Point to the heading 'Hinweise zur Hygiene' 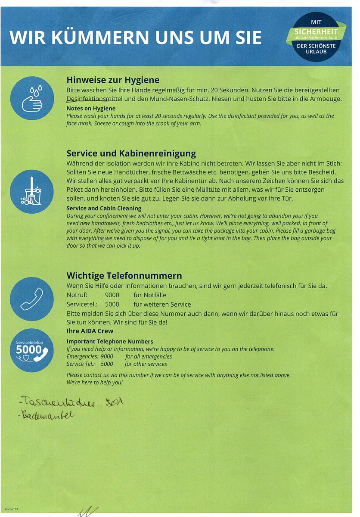tap(113, 80)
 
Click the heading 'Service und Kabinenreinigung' tap(131, 153)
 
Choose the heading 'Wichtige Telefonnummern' tap(124, 276)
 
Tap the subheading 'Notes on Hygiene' tap(91, 109)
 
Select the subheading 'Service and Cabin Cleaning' tap(104, 208)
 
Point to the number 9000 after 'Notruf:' tap(112, 296)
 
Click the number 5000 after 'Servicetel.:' tap(112, 305)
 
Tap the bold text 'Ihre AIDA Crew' tap(90, 331)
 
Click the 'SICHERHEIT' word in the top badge tap(316, 31)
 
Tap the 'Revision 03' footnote tap(11, 510)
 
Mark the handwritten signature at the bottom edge tap(86, 512)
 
